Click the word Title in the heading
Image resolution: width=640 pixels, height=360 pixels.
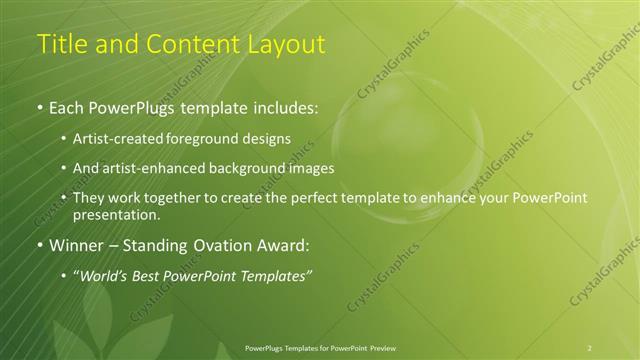click(x=60, y=44)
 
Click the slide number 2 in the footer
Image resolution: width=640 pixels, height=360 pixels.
click(x=590, y=347)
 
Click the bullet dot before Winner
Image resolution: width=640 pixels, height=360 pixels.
click(x=39, y=245)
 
